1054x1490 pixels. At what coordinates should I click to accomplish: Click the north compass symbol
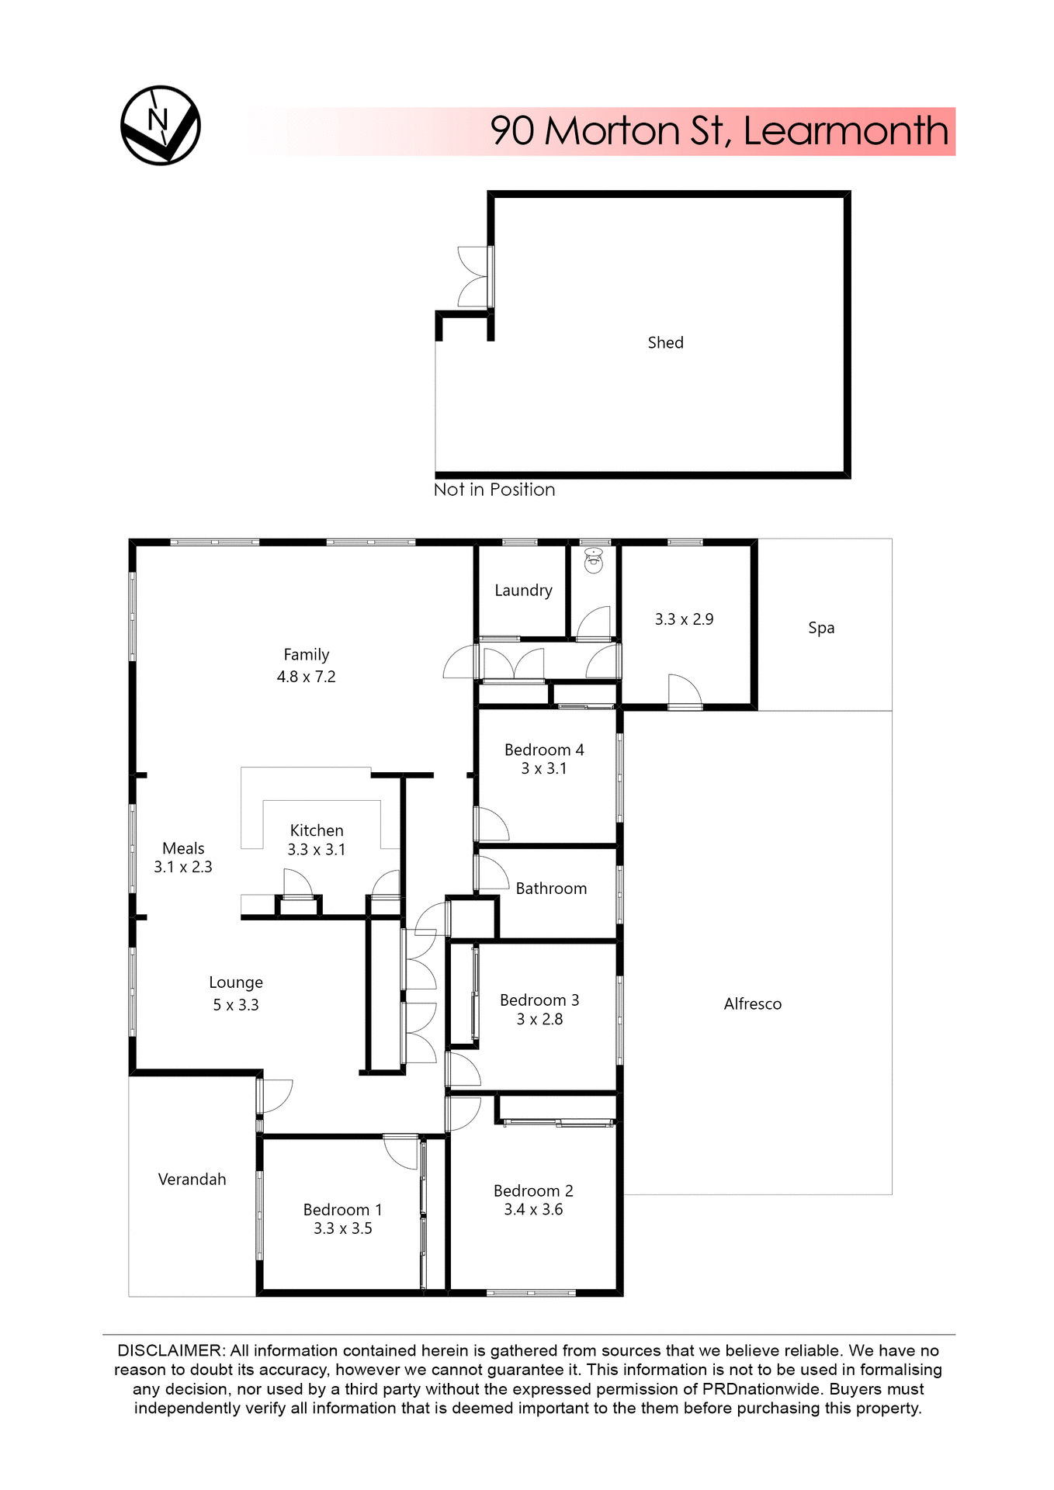[161, 125]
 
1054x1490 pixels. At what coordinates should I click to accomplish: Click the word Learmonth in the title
[845, 130]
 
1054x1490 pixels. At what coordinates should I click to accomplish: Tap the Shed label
[665, 342]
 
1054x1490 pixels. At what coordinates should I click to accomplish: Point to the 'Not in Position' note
[494, 490]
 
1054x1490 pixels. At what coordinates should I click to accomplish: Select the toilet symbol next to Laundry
[594, 560]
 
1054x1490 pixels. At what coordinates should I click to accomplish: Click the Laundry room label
[523, 591]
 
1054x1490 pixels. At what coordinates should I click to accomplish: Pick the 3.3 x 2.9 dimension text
[684, 619]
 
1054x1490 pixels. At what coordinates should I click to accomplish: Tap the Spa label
[821, 628]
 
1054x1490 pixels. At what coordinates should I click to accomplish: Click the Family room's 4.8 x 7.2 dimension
[306, 677]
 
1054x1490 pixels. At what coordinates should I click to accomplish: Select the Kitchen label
[317, 830]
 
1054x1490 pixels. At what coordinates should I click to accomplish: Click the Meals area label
[183, 848]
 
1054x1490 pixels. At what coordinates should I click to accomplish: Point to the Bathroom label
[551, 889]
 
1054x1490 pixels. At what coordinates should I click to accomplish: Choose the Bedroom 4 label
[544, 750]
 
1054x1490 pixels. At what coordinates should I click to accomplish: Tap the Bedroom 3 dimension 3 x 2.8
[539, 1020]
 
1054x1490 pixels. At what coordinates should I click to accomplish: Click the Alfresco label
[752, 1004]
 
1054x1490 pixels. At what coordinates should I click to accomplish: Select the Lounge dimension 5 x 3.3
[236, 1005]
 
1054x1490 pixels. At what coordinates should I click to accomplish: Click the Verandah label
[192, 1180]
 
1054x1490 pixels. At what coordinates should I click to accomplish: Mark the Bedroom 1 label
[342, 1210]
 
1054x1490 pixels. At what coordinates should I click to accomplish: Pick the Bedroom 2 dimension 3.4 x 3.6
[533, 1210]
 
